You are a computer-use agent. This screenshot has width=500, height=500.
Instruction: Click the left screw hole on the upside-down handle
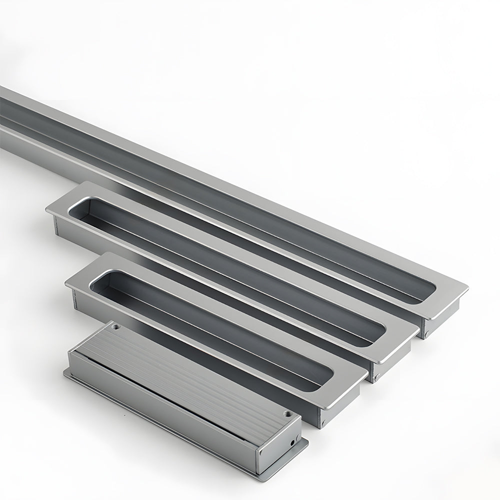tap(116, 327)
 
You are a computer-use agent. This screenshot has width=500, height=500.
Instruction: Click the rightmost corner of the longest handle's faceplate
tap(467, 288)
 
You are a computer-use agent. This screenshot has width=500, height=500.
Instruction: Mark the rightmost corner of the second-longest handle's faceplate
tap(418, 330)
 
